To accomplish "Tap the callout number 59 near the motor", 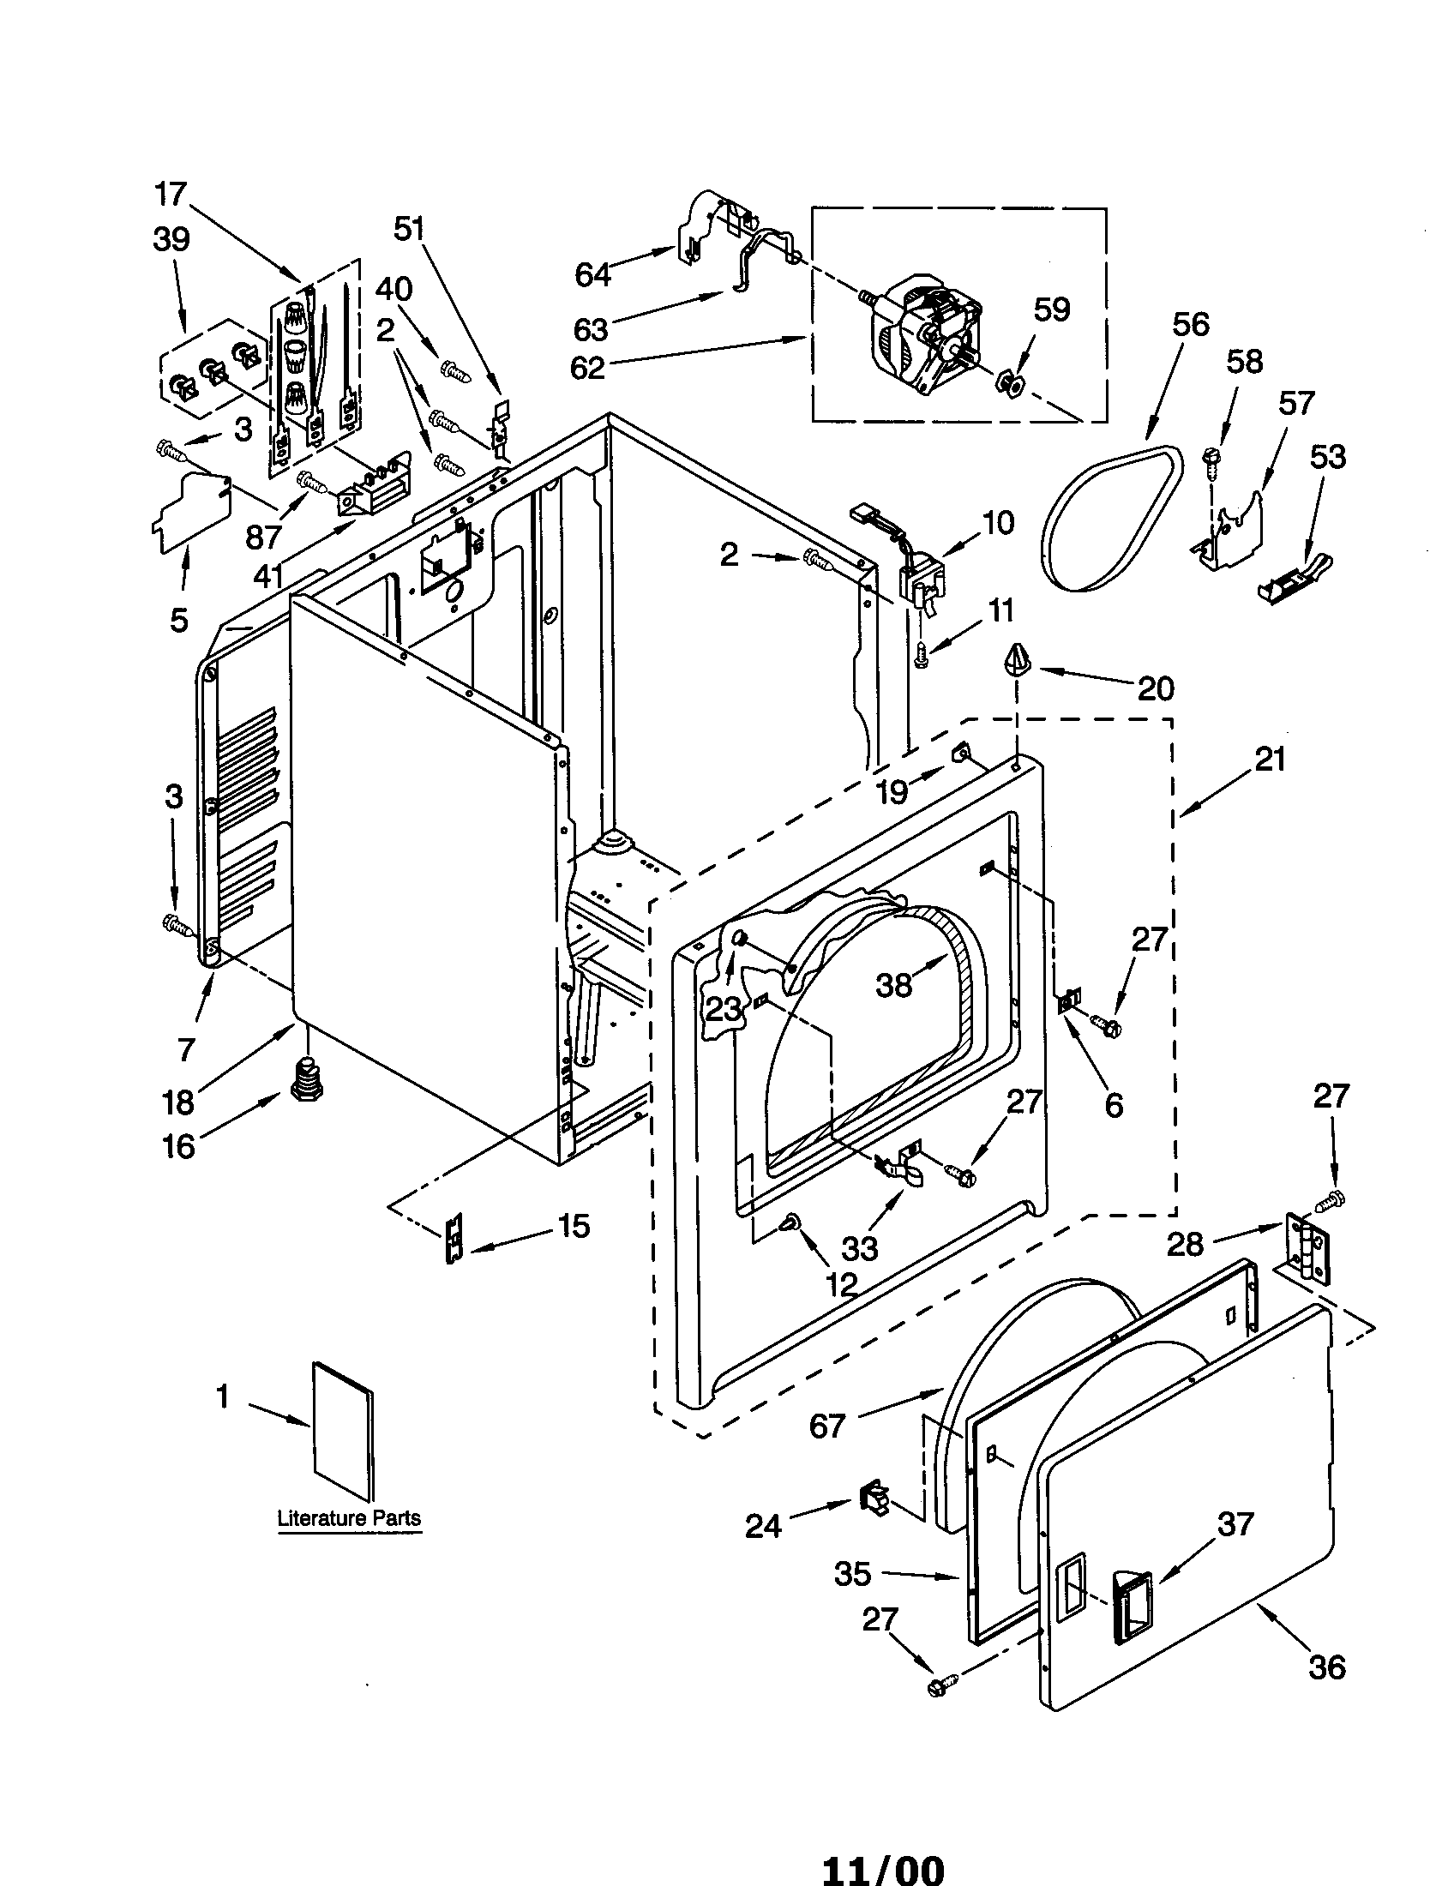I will pyautogui.click(x=1051, y=309).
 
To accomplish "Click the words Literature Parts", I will pyautogui.click(x=349, y=1517).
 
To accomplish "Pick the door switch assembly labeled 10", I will pyautogui.click(x=922, y=579).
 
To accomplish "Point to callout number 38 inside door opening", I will pyautogui.click(x=893, y=983).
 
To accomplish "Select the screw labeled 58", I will pyautogui.click(x=1211, y=459).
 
